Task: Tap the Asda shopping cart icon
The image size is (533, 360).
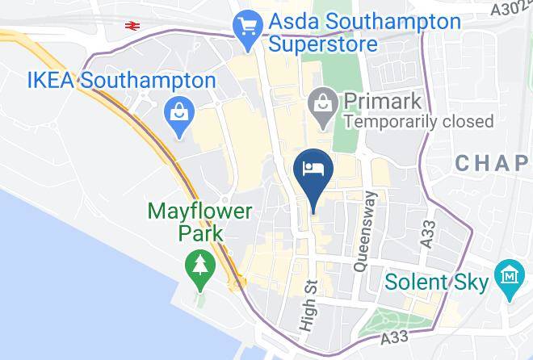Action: (x=246, y=27)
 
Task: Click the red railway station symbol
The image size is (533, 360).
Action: (x=133, y=25)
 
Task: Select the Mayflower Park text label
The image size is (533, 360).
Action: (x=200, y=222)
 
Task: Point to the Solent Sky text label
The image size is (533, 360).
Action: (x=437, y=283)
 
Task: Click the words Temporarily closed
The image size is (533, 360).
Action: (x=418, y=122)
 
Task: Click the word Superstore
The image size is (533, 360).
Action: (x=323, y=44)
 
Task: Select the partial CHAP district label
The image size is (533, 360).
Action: (x=493, y=163)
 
